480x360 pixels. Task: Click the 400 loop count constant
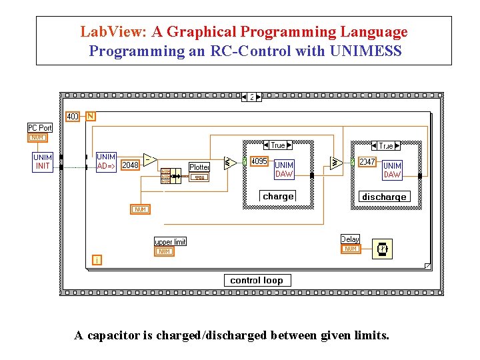[73, 117]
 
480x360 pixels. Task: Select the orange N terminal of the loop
[91, 116]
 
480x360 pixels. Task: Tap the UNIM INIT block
[43, 162]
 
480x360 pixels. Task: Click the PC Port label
[39, 127]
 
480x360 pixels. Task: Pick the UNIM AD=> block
[106, 162]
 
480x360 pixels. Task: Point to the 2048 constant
[130, 165]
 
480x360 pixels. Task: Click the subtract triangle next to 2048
[149, 160]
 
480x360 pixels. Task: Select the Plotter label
[199, 167]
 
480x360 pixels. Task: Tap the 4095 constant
[259, 161]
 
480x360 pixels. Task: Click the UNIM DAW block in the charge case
[284, 169]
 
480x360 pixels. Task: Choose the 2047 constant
[368, 161]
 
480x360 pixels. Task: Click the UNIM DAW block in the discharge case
[392, 170]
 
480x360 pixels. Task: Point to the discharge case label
[384, 197]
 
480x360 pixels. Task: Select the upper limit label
[170, 242]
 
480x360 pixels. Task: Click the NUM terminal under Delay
[350, 249]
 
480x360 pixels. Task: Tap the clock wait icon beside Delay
[382, 249]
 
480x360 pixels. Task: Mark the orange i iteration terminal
[97, 260]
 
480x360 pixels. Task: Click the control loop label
[257, 280]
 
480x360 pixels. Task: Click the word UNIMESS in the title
[365, 51]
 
